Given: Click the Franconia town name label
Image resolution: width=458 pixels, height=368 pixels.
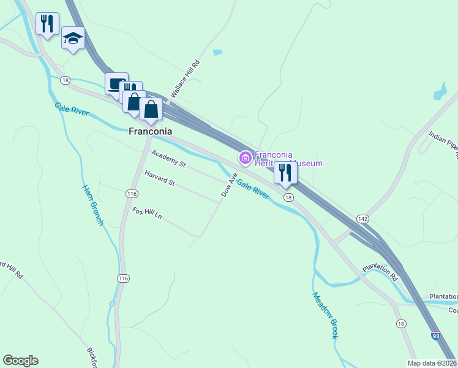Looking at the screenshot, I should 149,131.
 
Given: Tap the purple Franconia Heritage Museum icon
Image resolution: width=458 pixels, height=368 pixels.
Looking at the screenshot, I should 245,159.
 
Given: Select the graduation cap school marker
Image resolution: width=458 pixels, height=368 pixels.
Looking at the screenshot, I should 73,39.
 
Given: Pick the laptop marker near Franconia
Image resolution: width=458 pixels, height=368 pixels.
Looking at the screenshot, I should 116,83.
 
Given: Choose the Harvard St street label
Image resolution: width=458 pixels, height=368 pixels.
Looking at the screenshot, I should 159,178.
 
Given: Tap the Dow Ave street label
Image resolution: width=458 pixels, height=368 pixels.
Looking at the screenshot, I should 229,185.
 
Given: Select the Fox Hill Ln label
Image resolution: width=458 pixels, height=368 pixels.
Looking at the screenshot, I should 147,213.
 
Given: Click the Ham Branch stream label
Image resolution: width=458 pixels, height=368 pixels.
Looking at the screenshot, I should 92,204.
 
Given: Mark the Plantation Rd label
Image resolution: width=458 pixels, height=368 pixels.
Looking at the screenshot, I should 380,272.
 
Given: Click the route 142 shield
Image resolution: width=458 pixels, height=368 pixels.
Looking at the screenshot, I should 362,219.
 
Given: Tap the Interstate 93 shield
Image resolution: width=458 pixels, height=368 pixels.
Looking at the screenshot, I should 435,335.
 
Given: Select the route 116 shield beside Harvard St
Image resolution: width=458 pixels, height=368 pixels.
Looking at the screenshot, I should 131,193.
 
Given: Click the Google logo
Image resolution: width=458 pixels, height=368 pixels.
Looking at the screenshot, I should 20,361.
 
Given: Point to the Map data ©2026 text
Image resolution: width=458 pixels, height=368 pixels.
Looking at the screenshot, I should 432,363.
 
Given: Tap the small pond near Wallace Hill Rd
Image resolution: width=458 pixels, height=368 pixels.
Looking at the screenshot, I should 217,53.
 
